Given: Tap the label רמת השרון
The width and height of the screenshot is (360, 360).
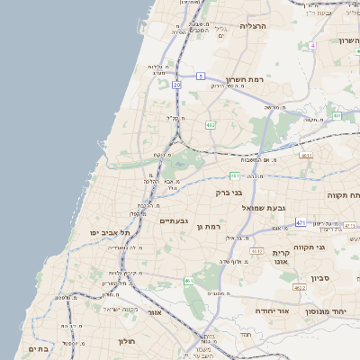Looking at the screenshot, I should pos(243,80).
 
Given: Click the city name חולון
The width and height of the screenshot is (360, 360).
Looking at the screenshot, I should pos(125,342).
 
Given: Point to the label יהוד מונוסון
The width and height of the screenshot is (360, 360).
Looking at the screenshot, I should pos(335,310).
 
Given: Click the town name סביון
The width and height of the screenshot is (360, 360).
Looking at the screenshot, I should pos(321,278).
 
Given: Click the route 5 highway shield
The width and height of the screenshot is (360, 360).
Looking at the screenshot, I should pos(201,76).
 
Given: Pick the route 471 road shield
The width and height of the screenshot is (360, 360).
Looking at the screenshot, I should pos(300,220).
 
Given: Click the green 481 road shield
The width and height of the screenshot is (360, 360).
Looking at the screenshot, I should pos(234,175).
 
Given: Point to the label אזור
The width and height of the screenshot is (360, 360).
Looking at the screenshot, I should pos(154,312).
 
